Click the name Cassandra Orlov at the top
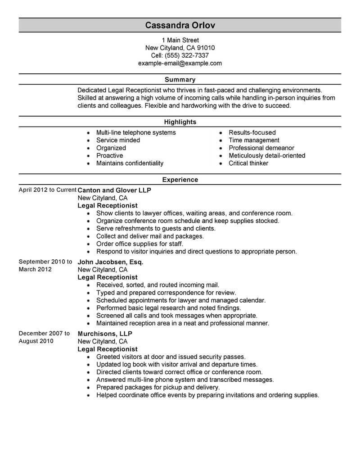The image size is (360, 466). tap(180, 25)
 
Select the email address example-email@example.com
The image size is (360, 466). tap(180, 63)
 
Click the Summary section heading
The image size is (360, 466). tap(180, 80)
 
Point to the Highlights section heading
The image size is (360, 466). tap(180, 122)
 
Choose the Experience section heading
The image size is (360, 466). tap(180, 180)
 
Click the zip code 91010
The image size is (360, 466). tap(206, 48)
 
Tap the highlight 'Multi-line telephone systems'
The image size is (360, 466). tap(136, 132)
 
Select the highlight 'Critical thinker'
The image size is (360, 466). tap(248, 163)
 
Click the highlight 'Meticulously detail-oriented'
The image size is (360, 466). tap(267, 155)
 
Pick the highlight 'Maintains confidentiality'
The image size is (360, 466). tap(130, 163)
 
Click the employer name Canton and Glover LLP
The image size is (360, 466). tap(114, 190)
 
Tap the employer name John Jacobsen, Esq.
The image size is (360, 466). tap(110, 262)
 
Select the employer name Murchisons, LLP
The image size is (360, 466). tap(105, 334)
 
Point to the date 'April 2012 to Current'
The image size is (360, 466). tap(47, 190)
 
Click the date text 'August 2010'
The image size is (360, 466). tap(36, 341)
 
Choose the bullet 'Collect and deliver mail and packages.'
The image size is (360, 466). tap(150, 236)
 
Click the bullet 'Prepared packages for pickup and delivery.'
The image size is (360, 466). tap(158, 387)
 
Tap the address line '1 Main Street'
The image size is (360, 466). tap(180, 40)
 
